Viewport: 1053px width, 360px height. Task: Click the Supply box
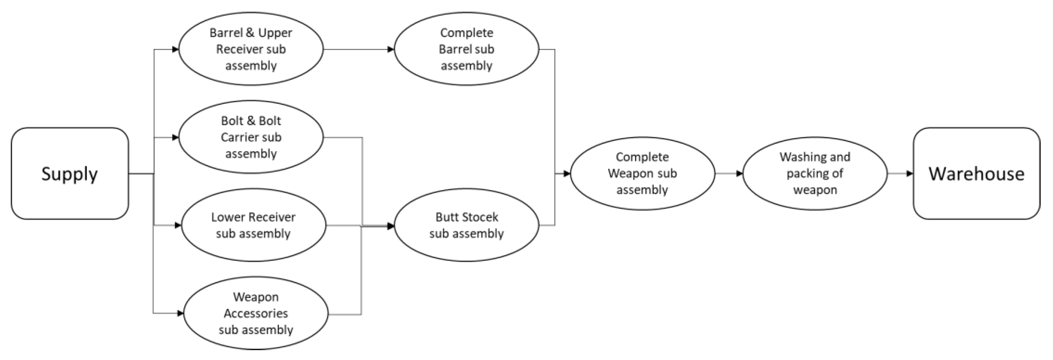[x=70, y=174]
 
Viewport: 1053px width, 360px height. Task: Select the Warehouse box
[x=976, y=174]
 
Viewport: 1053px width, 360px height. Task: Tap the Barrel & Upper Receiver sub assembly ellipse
[x=251, y=49]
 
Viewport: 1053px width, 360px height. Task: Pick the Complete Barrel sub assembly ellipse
[x=466, y=49]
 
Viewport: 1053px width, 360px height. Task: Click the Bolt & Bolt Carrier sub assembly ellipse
[x=251, y=137]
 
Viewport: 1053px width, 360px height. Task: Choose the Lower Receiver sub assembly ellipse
[x=253, y=225]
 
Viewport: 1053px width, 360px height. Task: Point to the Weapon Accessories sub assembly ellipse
[x=256, y=313]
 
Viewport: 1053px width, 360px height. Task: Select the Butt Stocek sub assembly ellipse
[x=466, y=225]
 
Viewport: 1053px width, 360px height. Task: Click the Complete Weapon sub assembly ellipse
[x=642, y=174]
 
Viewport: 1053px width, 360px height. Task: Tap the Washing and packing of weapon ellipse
[x=815, y=174]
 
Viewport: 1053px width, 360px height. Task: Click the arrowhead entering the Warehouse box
[x=910, y=174]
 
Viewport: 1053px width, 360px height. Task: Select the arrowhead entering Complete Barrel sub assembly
[x=390, y=49]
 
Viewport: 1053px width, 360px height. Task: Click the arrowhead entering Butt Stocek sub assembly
[x=390, y=226]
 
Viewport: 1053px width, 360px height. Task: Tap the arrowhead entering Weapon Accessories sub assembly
[x=180, y=313]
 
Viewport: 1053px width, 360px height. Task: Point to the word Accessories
[x=256, y=313]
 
